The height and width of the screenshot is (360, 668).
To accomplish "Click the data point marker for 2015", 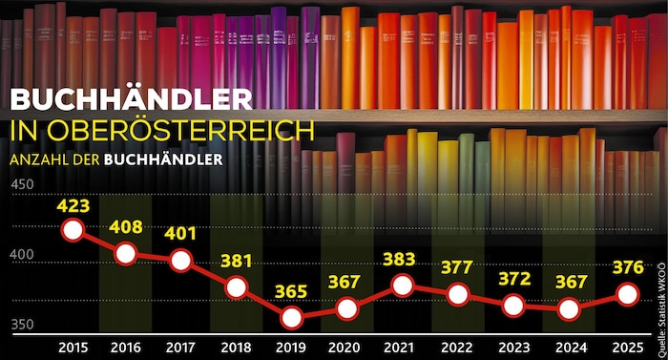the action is [x=73, y=230].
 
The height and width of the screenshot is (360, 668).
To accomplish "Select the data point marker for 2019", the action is [x=292, y=318].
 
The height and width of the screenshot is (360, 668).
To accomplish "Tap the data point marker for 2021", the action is [x=403, y=286].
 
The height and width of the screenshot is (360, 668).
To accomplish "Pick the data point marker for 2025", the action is [x=628, y=294].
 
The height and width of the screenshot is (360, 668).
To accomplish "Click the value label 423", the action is [x=73, y=206].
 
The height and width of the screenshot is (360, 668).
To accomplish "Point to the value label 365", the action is [x=291, y=292].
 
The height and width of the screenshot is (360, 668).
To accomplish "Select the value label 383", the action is [x=399, y=260].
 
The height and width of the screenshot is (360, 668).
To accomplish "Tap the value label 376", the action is [x=628, y=267].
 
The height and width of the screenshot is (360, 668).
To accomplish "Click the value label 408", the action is [x=126, y=227].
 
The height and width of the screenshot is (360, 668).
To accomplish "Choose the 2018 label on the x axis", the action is [x=236, y=348].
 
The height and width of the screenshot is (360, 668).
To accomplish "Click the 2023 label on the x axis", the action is [x=514, y=348].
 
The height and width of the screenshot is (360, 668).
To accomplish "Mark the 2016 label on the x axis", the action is [x=126, y=348].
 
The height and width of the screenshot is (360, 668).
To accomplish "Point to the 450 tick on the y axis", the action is [x=22, y=184].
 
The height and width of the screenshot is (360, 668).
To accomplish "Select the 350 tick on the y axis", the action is [x=22, y=325].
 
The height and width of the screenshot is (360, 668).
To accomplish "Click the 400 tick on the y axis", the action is [x=22, y=255].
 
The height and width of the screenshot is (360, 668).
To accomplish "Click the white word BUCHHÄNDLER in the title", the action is [x=132, y=99].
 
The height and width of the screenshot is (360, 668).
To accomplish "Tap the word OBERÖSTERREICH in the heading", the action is [x=180, y=131].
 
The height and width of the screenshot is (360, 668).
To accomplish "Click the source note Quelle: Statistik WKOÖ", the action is [x=661, y=310].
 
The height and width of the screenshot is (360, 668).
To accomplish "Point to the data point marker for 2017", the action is [x=180, y=261].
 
